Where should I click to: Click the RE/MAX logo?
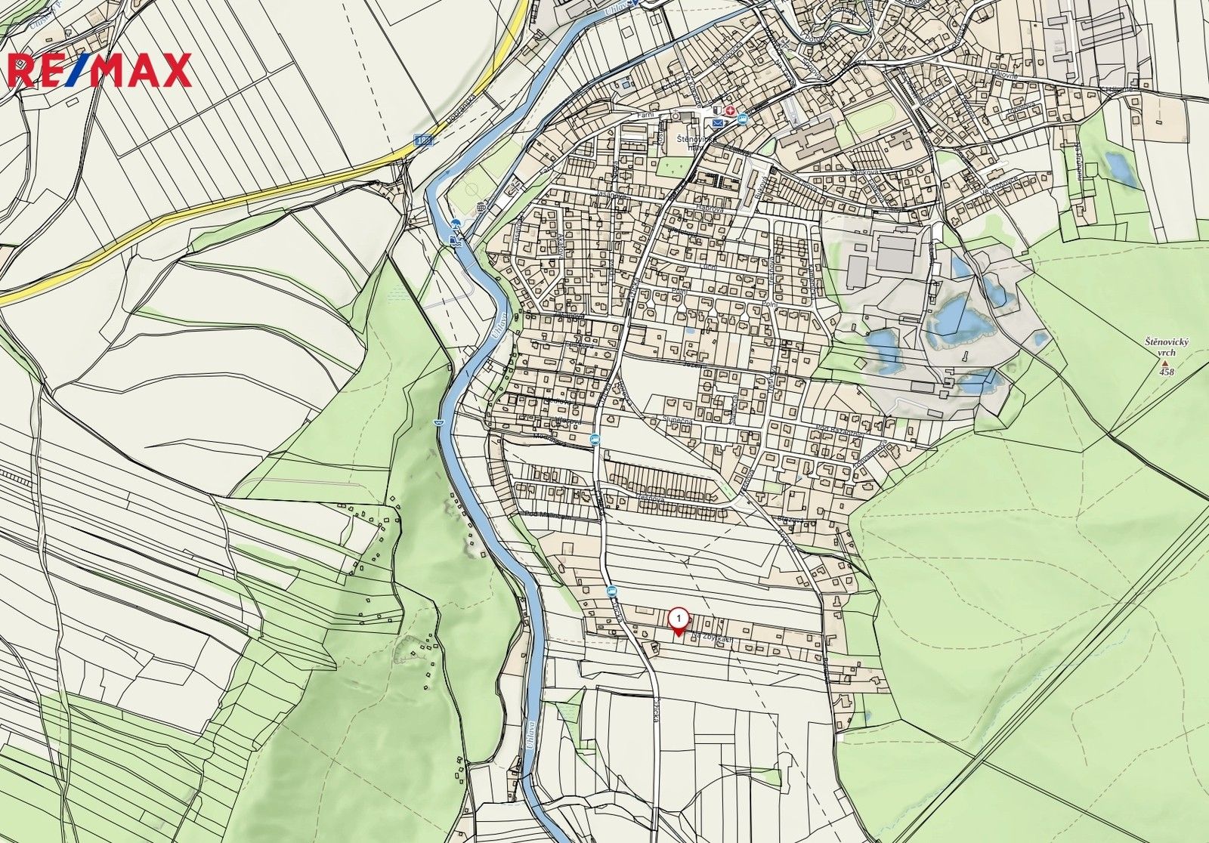point(98,70)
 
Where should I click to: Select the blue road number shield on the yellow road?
point(425,140)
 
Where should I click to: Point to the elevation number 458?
point(1167,372)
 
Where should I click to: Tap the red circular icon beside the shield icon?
point(730,111)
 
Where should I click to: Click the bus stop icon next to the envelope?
point(742,119)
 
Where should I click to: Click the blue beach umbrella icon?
point(456,224)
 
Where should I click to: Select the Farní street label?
point(645,115)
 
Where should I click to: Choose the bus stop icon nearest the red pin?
point(611,591)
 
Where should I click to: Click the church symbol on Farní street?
point(676,116)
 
